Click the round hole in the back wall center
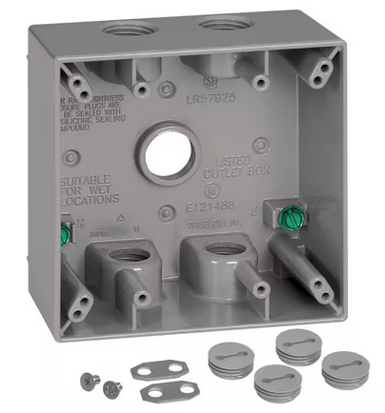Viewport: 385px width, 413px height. (168, 151)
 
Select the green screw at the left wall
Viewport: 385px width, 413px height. (65, 232)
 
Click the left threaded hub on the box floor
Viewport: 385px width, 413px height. (123, 256)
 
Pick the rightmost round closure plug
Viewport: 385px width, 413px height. (344, 368)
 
